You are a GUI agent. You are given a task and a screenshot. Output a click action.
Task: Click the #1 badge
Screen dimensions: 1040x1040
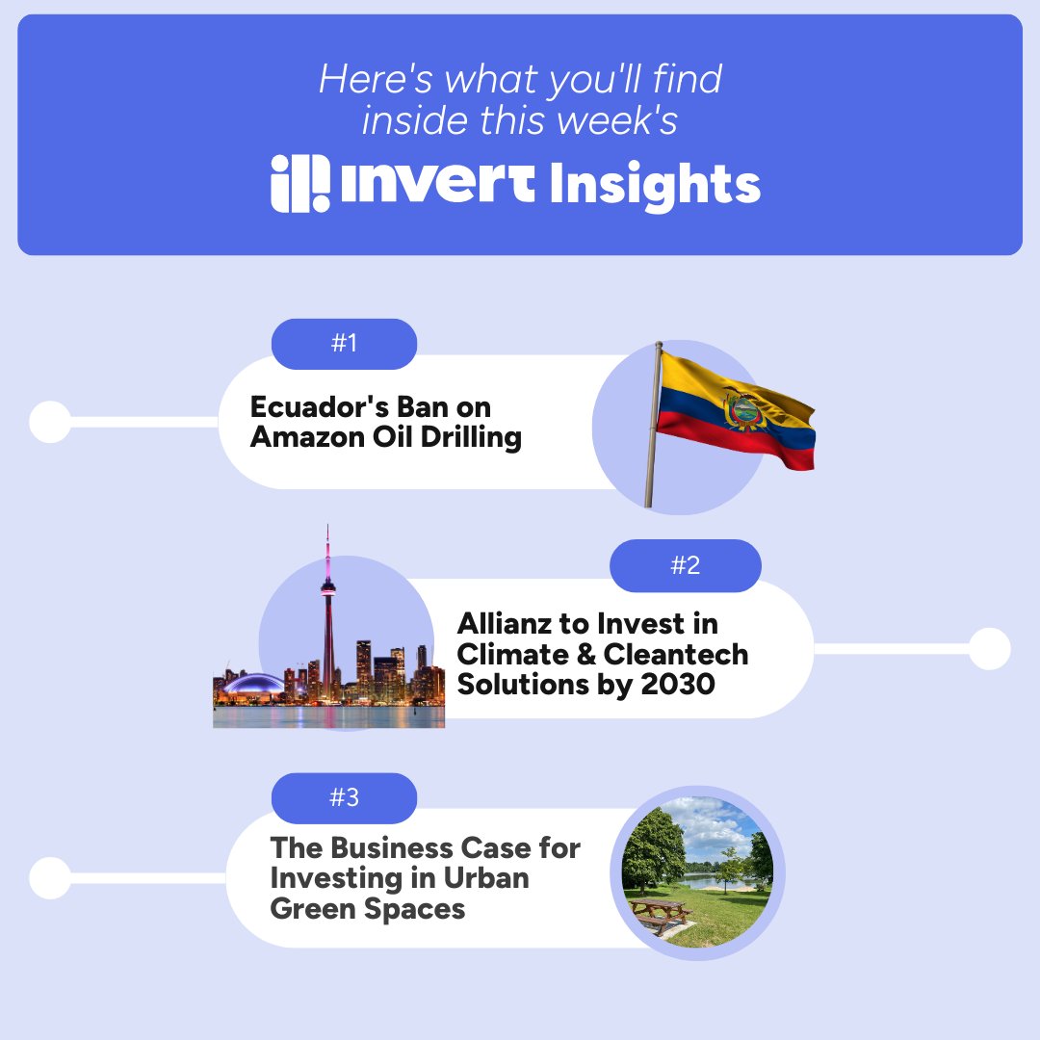coord(344,344)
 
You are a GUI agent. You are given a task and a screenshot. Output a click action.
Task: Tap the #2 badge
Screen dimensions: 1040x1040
coord(685,565)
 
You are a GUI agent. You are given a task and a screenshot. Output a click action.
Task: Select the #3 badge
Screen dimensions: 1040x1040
coord(344,797)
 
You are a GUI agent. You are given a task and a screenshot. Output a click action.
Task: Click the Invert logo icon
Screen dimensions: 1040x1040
coord(299,183)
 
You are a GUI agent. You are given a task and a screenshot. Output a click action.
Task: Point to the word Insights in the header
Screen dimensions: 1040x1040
coord(655,185)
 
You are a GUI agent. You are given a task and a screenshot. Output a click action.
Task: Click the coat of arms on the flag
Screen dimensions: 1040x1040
coord(742,409)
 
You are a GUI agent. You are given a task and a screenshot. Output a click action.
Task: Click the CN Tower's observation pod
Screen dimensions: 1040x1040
coord(328,585)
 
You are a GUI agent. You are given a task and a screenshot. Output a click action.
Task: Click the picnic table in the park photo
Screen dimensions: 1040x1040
coord(659,913)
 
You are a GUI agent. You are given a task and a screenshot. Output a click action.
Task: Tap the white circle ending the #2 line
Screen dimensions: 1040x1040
coord(989,649)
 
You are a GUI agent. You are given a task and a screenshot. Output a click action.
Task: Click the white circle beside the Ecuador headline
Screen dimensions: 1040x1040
coord(50,422)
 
